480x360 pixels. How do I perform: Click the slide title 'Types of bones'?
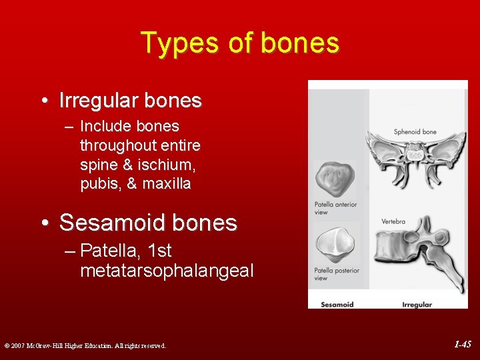point(240,43)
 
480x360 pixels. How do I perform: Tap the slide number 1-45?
point(462,345)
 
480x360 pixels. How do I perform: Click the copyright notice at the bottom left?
point(85,345)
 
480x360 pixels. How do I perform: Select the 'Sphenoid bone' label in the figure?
point(415,132)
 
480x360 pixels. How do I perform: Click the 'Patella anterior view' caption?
point(335,208)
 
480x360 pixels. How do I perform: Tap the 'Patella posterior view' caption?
point(337,274)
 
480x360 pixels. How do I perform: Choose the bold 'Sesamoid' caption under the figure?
point(337,305)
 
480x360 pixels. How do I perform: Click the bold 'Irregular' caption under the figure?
point(417,305)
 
